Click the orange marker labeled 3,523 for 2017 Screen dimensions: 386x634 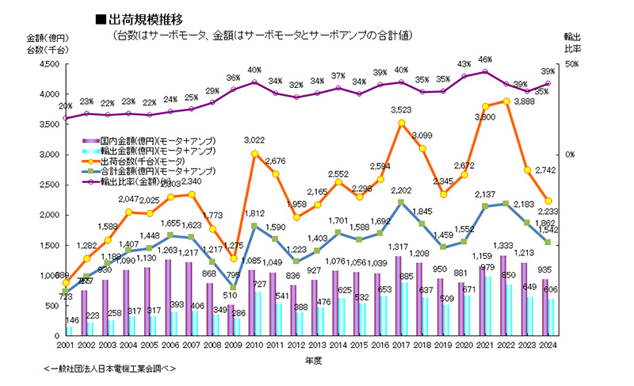coord(402,123)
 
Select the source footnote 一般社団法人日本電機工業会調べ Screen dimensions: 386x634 coord(110,369)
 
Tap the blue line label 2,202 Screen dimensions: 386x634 coord(401,190)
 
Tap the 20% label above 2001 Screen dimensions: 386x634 coord(65,106)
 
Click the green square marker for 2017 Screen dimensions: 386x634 coord(402,202)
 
